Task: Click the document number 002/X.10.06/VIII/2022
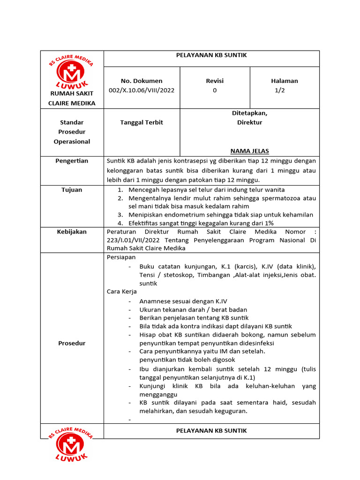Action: [x=141, y=90]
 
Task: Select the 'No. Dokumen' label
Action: [x=141, y=81]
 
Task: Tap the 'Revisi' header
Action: [x=215, y=81]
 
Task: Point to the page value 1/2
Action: [x=279, y=90]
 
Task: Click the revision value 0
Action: [x=215, y=90]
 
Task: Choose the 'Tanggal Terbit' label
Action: [x=141, y=122]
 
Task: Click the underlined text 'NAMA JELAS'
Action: [x=249, y=151]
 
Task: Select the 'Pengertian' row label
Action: [x=72, y=161]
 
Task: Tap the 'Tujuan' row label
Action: [x=72, y=190]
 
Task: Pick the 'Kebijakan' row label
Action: [x=72, y=232]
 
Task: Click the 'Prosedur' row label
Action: [x=72, y=343]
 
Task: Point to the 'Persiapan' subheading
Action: [x=121, y=257]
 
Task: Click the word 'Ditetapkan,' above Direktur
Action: [x=249, y=113]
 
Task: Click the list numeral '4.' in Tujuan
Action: [x=120, y=223]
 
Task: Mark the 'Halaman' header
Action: [x=285, y=81]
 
